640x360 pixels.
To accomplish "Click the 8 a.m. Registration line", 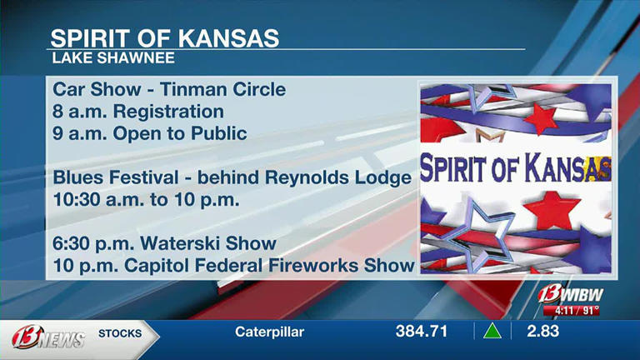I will pos(138,111).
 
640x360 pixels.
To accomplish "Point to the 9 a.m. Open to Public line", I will pos(150,132).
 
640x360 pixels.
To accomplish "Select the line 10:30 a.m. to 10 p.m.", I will pos(146,199).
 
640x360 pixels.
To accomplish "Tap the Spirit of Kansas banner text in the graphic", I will pos(516,168).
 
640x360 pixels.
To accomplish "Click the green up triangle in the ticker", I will pos(492,332).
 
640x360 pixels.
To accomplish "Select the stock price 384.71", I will pos(421,332).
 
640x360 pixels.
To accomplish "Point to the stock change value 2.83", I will pos(542,332).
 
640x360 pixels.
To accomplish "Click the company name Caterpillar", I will pos(269,332).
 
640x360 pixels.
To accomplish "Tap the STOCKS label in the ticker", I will pos(120,333).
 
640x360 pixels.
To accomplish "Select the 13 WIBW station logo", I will pos(570,294).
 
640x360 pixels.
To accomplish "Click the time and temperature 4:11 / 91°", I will pos(571,311).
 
